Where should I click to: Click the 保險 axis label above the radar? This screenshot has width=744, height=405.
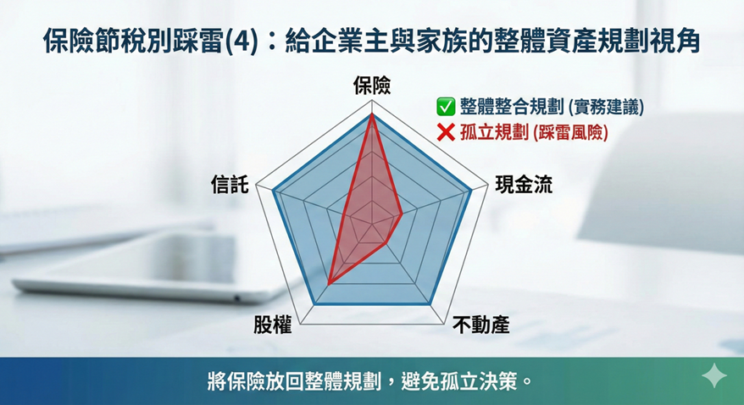[372, 86]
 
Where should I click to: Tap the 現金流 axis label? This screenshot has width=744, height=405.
[524, 185]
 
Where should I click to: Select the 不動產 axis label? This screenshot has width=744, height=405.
[481, 325]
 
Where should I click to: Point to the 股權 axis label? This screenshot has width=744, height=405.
[272, 325]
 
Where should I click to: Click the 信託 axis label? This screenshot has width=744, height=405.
[230, 185]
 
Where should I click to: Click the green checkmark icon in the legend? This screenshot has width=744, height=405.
[446, 106]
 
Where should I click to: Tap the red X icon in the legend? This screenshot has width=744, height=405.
[446, 132]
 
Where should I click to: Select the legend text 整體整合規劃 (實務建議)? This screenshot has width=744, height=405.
[552, 107]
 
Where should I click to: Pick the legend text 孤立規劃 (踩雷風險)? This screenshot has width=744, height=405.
[534, 132]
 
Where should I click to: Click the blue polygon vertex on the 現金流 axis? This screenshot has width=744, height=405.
[470, 191]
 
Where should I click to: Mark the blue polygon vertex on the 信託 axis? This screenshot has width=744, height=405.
[274, 191]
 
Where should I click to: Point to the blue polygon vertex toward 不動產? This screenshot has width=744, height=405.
[430, 303]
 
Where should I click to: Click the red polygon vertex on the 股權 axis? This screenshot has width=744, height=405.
[328, 284]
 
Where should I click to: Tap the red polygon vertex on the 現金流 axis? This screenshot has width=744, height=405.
[402, 214]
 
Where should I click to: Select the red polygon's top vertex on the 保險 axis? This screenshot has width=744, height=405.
[372, 114]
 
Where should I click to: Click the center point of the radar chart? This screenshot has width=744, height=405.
[372, 223]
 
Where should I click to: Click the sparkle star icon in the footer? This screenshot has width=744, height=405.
[714, 375]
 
